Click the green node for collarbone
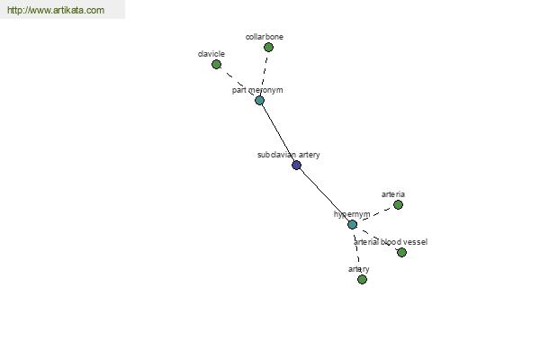(x=268, y=47)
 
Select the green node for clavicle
(x=216, y=65)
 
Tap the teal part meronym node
(x=260, y=100)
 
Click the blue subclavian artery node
(x=296, y=165)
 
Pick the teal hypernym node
(x=352, y=225)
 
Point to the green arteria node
(x=398, y=204)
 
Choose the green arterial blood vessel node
(x=402, y=253)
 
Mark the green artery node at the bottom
(x=362, y=279)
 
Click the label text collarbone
(x=265, y=37)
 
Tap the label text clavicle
(x=211, y=54)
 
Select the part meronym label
(x=257, y=90)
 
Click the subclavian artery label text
(x=289, y=155)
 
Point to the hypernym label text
(x=352, y=214)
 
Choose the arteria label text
(x=393, y=194)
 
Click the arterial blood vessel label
(x=391, y=242)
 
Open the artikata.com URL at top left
(x=56, y=10)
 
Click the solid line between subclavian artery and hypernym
(x=324, y=195)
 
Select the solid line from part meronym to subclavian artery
(x=278, y=132)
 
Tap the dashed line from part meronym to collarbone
(x=264, y=74)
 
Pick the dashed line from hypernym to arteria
(x=375, y=214)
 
